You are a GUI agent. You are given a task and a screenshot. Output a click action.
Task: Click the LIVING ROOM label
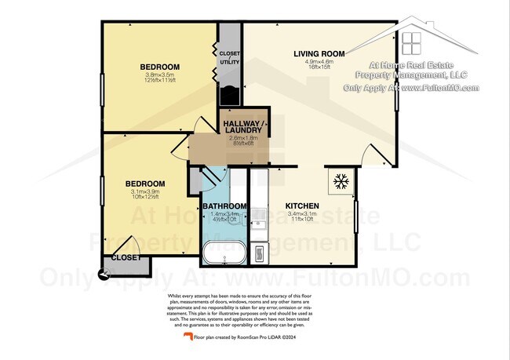coord(319,53)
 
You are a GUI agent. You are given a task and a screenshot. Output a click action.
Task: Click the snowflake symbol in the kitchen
coord(341,182)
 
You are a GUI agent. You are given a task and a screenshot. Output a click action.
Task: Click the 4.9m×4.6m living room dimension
coord(319,62)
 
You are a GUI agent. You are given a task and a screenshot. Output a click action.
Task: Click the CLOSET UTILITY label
coord(230,56)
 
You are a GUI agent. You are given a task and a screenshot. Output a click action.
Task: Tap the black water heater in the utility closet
coord(230,96)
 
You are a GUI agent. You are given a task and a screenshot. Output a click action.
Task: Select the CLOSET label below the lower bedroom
coord(126,257)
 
